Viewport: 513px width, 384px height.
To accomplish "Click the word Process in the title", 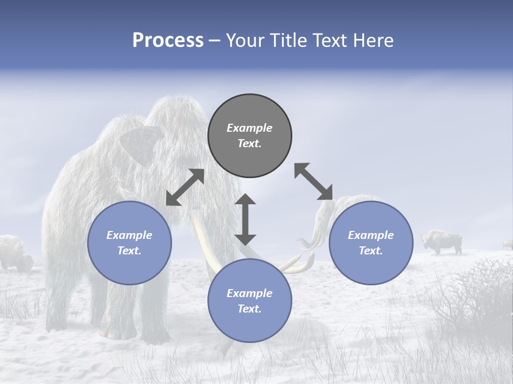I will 168,41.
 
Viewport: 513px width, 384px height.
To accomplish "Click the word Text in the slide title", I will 328,41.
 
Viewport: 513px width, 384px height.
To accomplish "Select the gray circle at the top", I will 250,136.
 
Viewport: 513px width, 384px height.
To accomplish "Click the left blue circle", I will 129,243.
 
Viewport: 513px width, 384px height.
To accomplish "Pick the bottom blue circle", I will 250,301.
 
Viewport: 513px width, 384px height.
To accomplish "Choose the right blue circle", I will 370,243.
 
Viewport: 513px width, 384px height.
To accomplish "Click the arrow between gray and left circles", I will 185,187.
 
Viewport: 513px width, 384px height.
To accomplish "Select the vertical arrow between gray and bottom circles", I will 245,219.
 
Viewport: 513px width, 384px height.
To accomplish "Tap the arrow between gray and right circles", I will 313,181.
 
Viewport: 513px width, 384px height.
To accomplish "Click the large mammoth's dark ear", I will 140,143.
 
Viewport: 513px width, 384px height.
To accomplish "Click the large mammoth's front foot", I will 115,331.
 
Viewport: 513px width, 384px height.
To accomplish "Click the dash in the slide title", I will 214,41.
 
